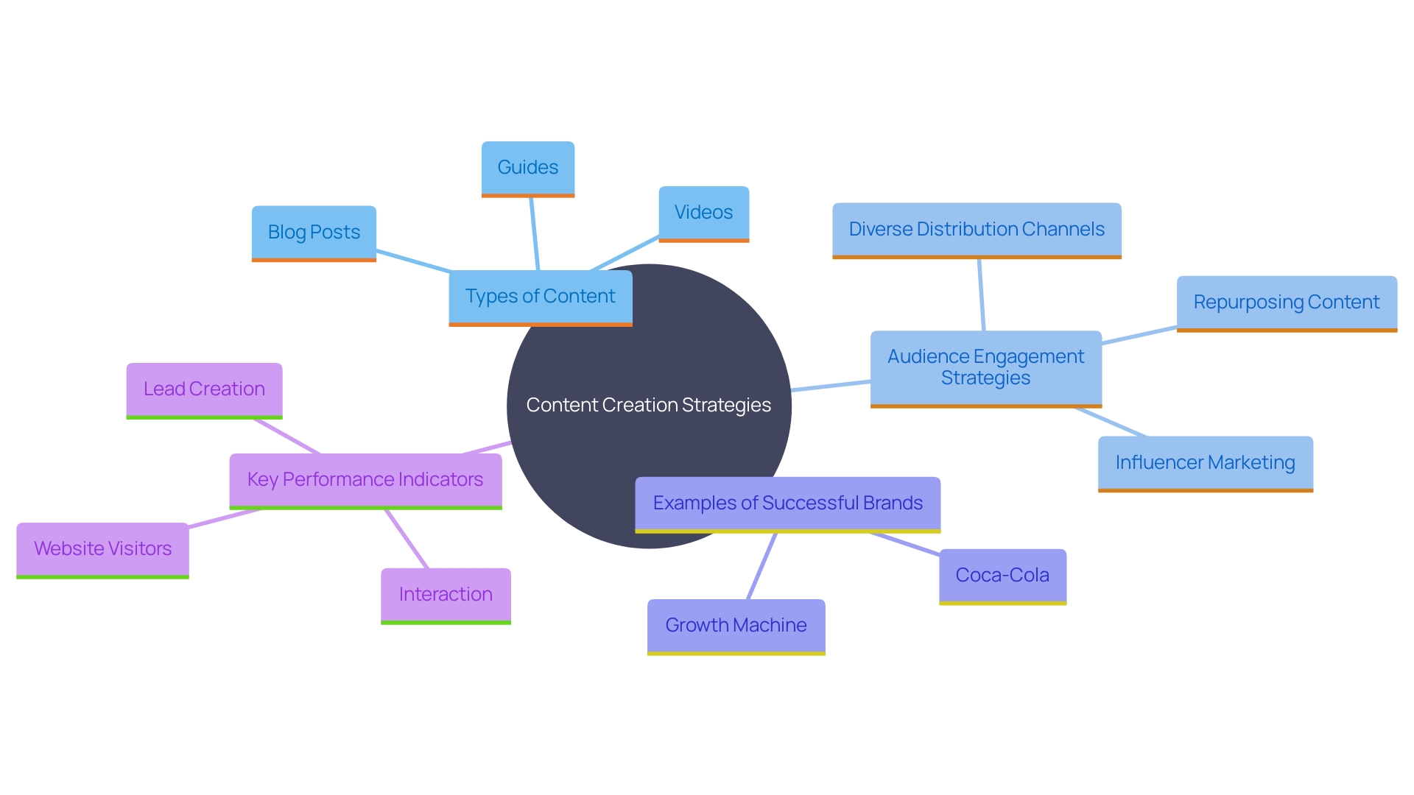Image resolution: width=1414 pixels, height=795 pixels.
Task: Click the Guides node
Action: click(x=528, y=168)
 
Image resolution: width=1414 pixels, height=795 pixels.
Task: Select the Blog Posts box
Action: click(x=314, y=233)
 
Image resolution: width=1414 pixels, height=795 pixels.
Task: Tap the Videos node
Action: click(x=703, y=213)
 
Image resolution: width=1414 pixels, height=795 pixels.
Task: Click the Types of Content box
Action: click(x=540, y=297)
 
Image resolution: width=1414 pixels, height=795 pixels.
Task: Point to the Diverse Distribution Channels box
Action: click(x=977, y=230)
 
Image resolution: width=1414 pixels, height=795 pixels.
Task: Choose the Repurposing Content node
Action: click(x=1286, y=303)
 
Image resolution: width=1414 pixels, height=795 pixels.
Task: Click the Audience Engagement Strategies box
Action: click(x=985, y=367)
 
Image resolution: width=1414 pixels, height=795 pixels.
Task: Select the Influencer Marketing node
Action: click(x=1205, y=463)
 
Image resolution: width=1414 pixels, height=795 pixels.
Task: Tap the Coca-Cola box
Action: click(x=1002, y=576)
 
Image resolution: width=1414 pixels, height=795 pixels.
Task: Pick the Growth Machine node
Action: click(x=736, y=626)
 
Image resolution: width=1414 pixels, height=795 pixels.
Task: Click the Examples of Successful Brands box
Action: click(x=787, y=504)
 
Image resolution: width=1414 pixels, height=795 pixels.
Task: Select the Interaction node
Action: click(x=446, y=595)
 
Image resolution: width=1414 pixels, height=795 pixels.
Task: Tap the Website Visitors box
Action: click(x=102, y=549)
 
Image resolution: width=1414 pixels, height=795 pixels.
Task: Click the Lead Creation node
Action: click(x=204, y=389)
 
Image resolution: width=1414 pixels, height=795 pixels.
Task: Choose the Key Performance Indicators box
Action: click(x=365, y=480)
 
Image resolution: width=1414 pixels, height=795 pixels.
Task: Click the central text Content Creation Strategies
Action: click(x=648, y=406)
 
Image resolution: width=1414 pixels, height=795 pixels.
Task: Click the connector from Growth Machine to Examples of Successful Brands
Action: click(x=761, y=566)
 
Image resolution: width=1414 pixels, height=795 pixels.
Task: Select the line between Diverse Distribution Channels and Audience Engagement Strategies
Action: click(x=981, y=294)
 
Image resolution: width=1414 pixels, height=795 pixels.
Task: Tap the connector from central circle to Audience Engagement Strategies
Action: click(x=831, y=386)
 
